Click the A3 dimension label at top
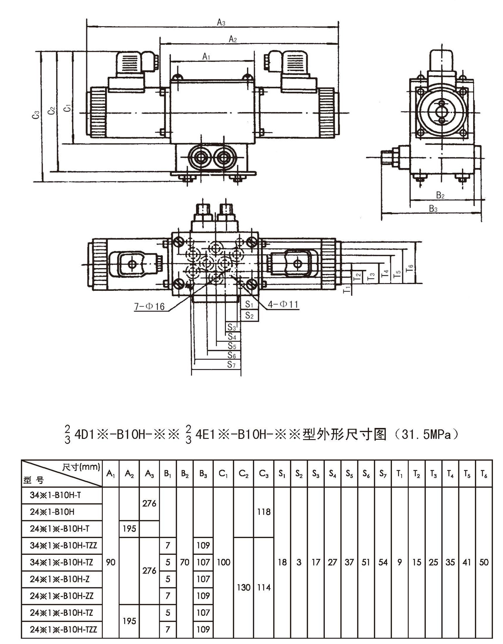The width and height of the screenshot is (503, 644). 221,22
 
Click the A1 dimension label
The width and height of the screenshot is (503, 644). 206,57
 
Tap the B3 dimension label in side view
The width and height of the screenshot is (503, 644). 433,209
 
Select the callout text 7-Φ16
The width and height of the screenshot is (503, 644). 149,306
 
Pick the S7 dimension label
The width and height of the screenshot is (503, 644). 232,364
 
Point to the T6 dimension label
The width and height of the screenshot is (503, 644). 409,268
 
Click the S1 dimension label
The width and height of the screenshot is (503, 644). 249,304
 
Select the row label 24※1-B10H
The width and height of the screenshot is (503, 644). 52,512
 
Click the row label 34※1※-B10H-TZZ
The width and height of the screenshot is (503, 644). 63,545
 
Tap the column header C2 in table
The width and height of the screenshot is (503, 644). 244,474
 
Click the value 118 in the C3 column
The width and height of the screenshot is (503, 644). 264,512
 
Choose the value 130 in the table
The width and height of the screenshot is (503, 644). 244,587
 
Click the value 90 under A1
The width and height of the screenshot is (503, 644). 111,562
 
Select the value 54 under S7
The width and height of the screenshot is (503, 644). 383,562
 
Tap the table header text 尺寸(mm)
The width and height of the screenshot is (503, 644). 81,467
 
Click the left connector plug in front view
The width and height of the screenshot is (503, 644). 133,63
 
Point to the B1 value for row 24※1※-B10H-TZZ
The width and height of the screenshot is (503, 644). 168,629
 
